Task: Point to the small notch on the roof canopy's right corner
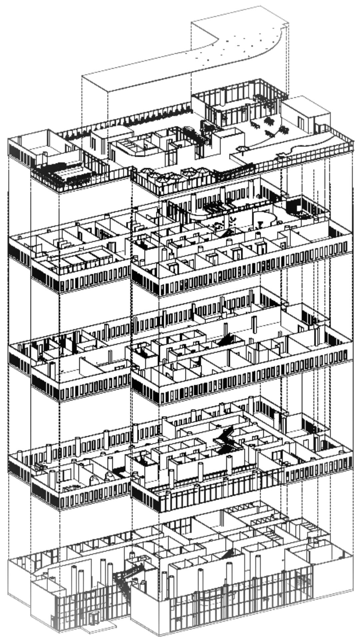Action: coord(285,25)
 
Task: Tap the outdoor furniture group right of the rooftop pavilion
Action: coord(270,128)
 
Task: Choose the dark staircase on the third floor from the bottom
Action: coord(227,340)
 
